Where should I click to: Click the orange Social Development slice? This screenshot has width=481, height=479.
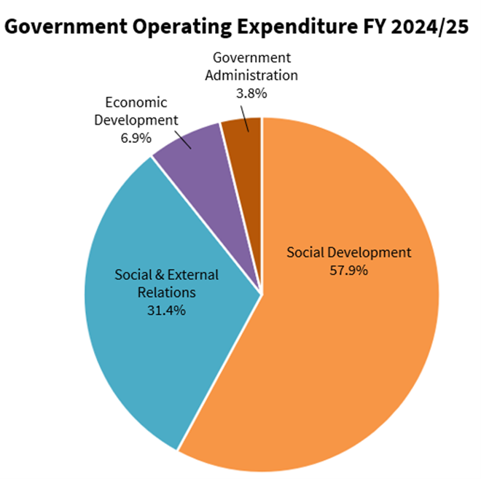coord(350,350)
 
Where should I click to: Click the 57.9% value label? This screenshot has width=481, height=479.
coord(348,270)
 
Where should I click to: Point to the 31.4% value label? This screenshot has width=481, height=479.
coord(166,310)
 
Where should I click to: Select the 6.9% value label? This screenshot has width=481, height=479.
coord(136,137)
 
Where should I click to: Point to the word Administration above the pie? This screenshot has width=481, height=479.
coord(251,75)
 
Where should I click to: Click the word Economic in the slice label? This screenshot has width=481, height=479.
coord(136,102)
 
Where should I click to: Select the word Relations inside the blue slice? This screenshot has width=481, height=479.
coord(166,292)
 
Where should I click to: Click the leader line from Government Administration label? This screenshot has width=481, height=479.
coord(248,117)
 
